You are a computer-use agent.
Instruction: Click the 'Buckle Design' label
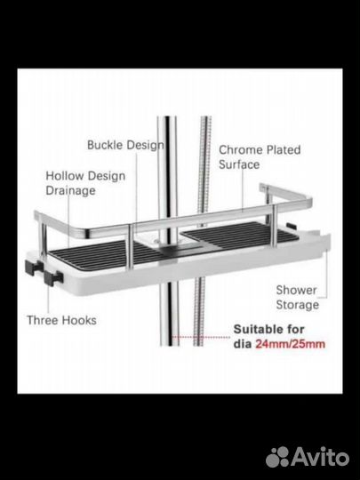(125, 145)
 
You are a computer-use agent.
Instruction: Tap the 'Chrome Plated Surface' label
(260, 157)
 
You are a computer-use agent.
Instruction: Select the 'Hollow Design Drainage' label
(85, 183)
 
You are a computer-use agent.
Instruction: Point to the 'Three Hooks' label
(61, 320)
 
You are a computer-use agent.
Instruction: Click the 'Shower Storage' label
(297, 297)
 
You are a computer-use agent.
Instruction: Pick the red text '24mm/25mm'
(290, 344)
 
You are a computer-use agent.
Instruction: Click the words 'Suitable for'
(268, 330)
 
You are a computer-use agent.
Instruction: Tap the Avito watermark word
(320, 457)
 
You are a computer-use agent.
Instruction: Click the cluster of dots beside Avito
(277, 457)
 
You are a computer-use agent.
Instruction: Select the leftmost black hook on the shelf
(33, 267)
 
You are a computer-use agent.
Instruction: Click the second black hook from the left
(53, 277)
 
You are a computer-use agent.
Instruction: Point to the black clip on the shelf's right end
(292, 227)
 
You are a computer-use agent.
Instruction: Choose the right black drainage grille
(238, 235)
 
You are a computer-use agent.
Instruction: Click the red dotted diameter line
(201, 337)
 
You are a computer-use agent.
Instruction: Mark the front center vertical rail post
(130, 247)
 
